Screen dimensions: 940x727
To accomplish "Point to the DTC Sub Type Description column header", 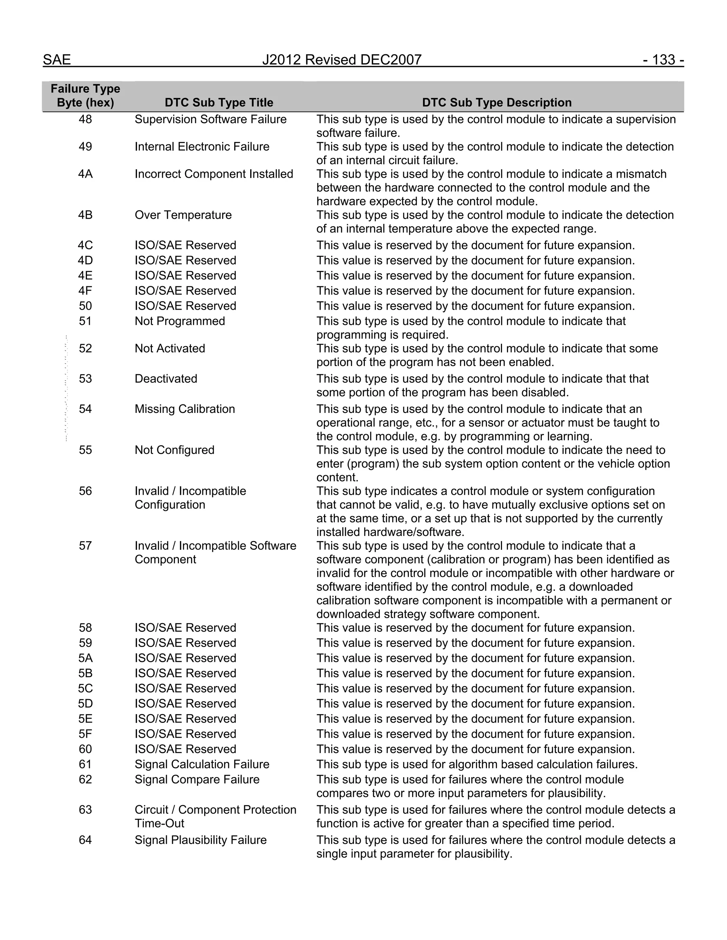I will pos(497,103).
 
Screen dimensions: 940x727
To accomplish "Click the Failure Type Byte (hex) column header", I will pos(85,95).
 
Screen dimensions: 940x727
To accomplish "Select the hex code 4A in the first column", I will pos(85,174).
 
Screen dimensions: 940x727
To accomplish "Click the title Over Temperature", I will pos(183,215).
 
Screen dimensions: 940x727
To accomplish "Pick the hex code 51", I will pos(85,321).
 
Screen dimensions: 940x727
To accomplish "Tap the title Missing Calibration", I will pos(185,409).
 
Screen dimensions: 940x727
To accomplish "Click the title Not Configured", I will pos(174,450).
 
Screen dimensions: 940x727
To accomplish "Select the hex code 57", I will pos(85,546).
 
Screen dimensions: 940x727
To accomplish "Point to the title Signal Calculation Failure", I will pos(202,764).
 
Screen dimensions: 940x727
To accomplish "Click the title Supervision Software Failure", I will pos(211,119).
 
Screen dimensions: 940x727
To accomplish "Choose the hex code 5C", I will pos(85,688).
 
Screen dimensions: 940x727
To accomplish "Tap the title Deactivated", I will pos(166,379).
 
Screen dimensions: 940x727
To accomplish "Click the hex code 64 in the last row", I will pos(85,840).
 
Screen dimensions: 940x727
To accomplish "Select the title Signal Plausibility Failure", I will pos(201,840).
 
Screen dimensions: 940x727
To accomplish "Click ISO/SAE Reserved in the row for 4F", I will pos(185,291).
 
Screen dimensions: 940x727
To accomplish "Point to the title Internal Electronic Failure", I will pos(202,147).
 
